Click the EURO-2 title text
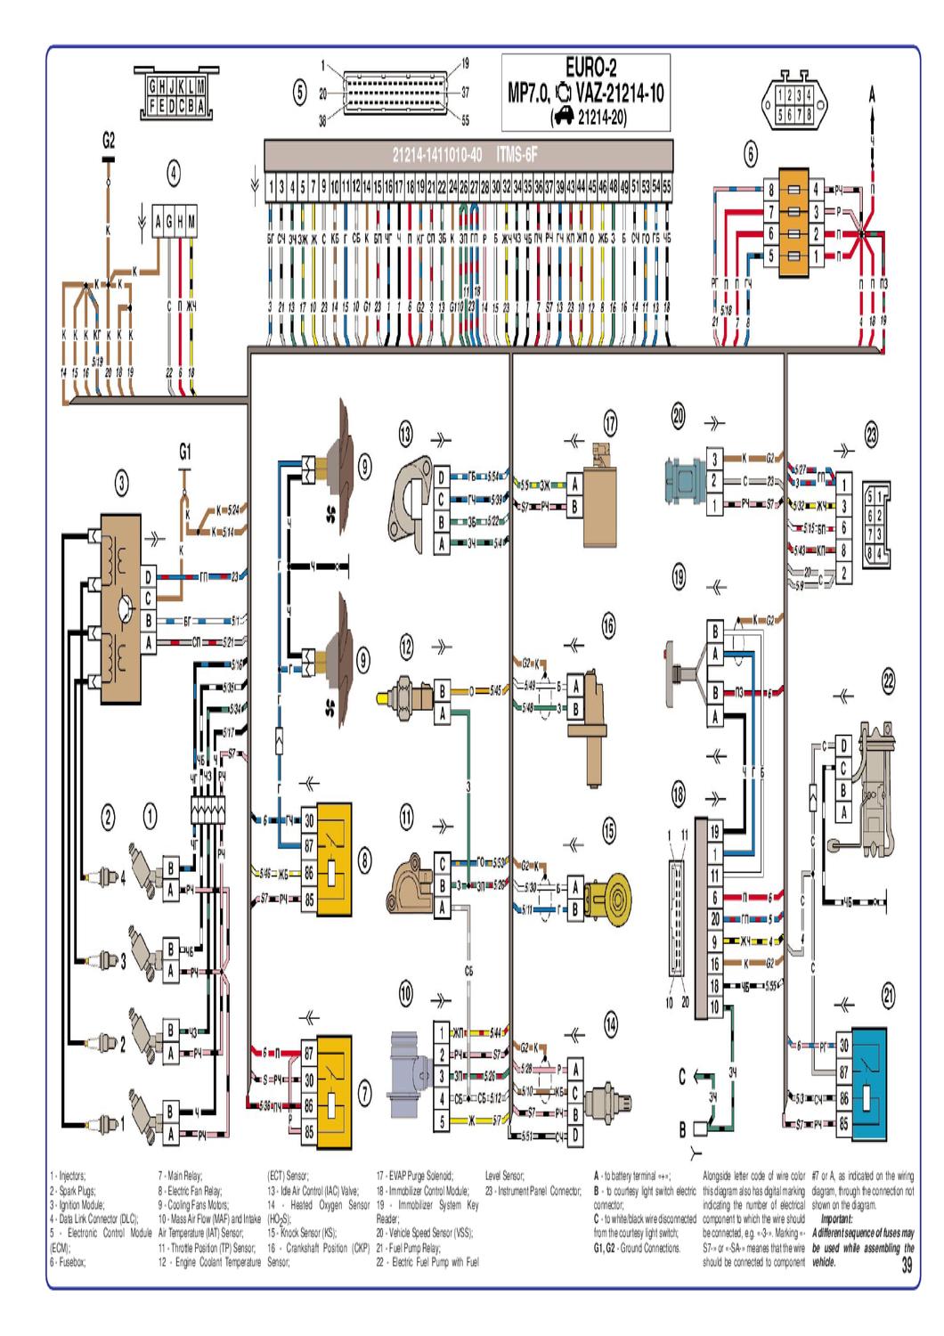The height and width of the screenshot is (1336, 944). click(x=590, y=67)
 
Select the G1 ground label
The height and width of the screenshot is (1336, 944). click(x=184, y=452)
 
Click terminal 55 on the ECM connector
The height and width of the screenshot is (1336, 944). click(x=666, y=189)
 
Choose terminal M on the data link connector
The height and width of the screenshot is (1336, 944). click(x=192, y=222)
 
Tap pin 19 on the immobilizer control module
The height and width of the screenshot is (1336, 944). click(x=714, y=830)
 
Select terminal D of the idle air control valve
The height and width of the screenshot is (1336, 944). click(x=438, y=477)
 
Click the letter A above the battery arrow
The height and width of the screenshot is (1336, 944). click(x=873, y=93)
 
